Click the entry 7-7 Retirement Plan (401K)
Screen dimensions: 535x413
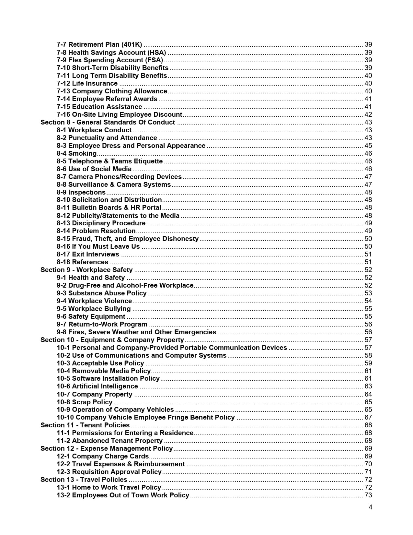click(99, 44)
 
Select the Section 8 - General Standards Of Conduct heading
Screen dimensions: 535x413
click(108, 122)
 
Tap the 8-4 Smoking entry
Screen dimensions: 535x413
click(76, 153)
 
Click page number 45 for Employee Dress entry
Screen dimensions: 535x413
click(368, 146)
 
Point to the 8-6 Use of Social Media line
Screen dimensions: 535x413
click(94, 169)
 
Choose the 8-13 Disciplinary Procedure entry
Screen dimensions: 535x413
click(101, 223)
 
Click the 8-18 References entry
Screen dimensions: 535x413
click(82, 262)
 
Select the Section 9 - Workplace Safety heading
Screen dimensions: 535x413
click(86, 270)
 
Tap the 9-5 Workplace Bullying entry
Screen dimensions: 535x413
click(94, 309)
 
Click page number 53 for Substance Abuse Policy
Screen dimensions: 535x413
click(368, 293)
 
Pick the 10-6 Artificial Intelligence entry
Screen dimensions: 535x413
click(97, 386)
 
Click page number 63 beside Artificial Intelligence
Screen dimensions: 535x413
click(368, 386)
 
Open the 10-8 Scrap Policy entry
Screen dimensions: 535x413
click(84, 402)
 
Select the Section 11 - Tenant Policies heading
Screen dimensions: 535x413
click(85, 425)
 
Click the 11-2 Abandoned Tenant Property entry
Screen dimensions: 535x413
click(109, 441)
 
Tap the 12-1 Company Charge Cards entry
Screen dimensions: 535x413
click(102, 456)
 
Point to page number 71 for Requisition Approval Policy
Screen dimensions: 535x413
click(368, 472)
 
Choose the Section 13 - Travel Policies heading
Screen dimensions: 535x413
click(84, 480)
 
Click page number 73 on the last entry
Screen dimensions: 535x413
click(368, 495)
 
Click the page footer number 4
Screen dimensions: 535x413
click(370, 507)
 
